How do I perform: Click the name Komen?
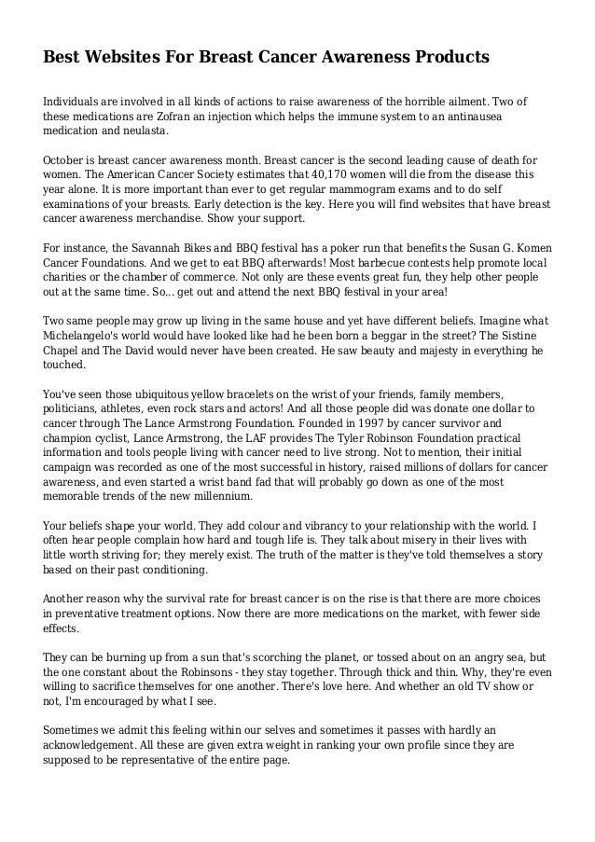point(529,247)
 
